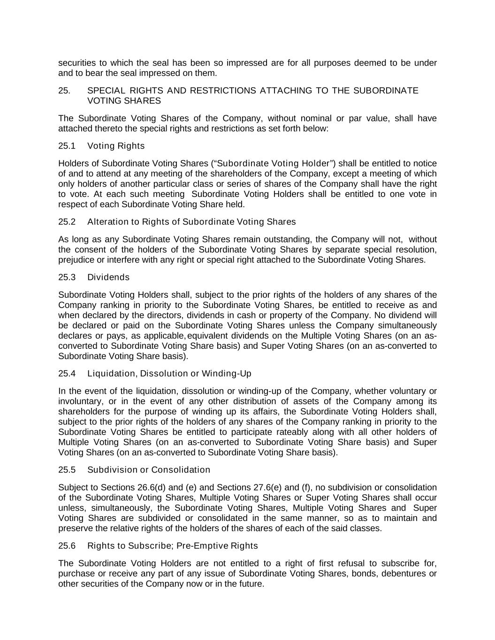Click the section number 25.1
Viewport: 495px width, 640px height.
point(67,146)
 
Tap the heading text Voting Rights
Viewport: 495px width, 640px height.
point(116,146)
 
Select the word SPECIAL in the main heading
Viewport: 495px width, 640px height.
point(106,90)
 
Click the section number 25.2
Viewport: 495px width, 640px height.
point(67,222)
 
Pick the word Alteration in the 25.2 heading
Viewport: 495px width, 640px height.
point(107,222)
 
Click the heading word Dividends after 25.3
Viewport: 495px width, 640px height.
point(108,277)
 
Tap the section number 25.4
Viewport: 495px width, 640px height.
point(67,374)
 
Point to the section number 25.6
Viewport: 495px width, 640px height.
point(67,546)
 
